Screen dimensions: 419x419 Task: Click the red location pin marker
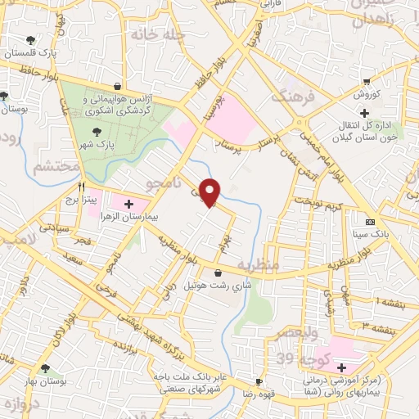point(212,191)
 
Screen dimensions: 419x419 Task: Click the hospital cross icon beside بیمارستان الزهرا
point(129,201)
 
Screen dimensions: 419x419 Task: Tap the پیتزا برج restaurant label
point(82,199)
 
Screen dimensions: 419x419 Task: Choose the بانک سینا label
point(370,235)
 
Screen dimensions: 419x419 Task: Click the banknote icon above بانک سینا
point(370,223)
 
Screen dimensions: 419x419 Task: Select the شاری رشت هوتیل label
point(218,286)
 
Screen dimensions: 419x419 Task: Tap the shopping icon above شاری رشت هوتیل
point(218,273)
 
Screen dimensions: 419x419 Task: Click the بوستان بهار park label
point(44,382)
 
